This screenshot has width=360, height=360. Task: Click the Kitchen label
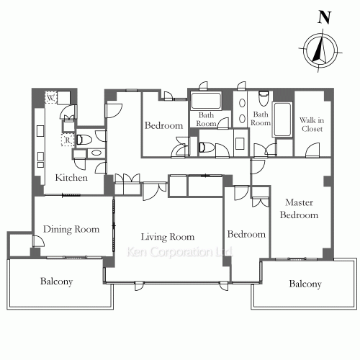pos(71,178)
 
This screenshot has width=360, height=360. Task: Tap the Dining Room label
pos(71,229)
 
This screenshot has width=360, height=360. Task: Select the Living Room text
pos(168,237)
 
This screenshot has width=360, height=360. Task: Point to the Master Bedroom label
pos(299,209)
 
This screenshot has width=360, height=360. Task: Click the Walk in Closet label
pos(312,125)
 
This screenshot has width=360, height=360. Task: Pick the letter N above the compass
pos(325,17)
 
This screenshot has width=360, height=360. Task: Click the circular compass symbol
pos(320,50)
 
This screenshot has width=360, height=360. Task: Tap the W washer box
pos(50,98)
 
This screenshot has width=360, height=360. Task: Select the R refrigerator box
pos(68,140)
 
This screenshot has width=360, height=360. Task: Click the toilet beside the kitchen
pos(84,140)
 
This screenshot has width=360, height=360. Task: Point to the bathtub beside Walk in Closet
pos(282,120)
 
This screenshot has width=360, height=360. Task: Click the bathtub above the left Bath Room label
pos(206,100)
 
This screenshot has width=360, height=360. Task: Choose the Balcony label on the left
pos(56,282)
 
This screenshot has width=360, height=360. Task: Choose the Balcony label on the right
pos(305,284)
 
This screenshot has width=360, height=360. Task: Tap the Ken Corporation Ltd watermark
pos(179,252)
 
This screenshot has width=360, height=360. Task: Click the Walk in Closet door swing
pos(312,150)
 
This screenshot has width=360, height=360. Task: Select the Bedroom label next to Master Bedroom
pos(246,234)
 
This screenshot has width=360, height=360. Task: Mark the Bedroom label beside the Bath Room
pos(163,125)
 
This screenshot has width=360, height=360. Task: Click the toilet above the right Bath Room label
pos(264,99)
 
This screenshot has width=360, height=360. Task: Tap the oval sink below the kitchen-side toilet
pos(96,153)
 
